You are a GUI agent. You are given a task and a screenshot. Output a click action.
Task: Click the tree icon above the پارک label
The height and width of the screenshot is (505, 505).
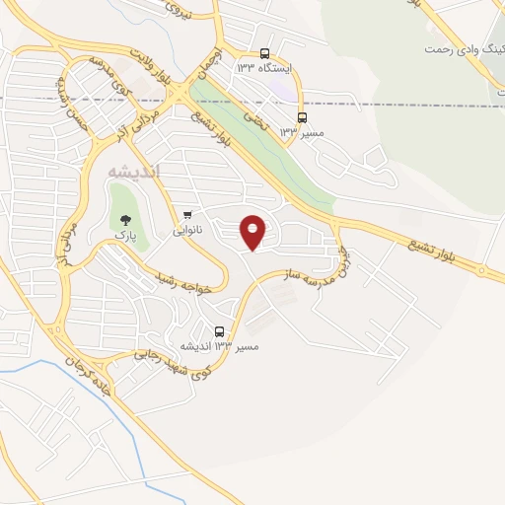tap(125, 221)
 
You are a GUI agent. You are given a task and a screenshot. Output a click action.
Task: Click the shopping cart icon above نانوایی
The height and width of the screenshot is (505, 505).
tap(187, 214)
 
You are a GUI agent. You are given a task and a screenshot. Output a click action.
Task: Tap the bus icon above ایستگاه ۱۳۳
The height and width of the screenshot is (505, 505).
tap(264, 53)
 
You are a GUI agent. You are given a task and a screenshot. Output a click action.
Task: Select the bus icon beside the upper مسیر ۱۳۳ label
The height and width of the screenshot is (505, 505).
tap(302, 114)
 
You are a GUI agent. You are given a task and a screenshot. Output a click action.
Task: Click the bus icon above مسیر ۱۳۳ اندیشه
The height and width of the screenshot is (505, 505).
tap(219, 330)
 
